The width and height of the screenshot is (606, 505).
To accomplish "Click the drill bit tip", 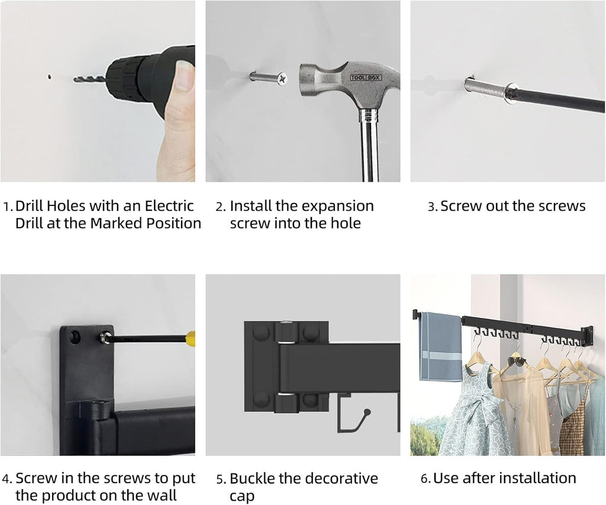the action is pos(74,80).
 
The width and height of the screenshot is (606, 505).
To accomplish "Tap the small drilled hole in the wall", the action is pos(50,76).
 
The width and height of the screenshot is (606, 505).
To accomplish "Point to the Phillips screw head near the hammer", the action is pos(282,78).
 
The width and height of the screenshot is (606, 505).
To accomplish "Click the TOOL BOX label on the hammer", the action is pos(366,78).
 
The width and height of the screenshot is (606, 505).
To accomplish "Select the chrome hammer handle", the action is pos(369,146).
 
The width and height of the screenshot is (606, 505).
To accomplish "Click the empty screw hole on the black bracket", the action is pos(75,336).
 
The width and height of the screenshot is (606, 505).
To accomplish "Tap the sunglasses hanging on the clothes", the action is pos(516,362).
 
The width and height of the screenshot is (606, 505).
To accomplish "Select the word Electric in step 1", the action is pos(169,205).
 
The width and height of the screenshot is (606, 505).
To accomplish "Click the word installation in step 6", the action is pos(539,478).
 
